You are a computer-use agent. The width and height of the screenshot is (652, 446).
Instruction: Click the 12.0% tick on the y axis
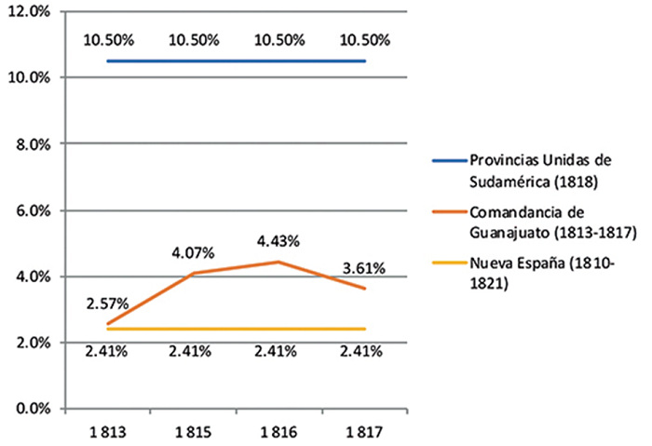point(32,10)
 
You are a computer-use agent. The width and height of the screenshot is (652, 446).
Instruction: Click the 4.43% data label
point(278,241)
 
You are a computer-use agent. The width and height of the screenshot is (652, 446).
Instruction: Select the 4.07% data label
point(193,252)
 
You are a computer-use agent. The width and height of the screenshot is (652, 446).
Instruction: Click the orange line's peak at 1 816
point(278,262)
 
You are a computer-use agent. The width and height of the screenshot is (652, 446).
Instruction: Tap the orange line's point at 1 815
point(193,273)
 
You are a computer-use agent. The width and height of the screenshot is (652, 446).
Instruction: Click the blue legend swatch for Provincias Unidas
point(447,160)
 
